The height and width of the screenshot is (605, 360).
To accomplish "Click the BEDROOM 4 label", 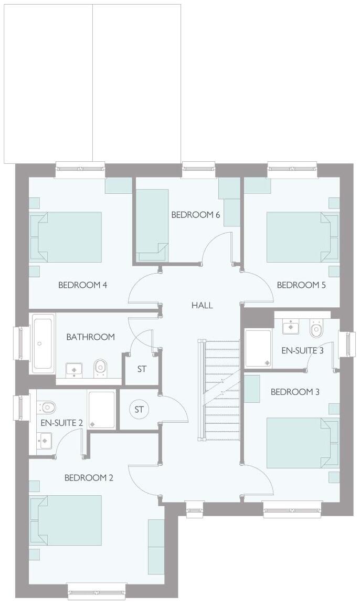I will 83,285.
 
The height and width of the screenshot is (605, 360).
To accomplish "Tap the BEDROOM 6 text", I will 195,215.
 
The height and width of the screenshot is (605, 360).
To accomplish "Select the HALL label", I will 202,305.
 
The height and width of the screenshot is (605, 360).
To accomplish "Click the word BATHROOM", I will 90,337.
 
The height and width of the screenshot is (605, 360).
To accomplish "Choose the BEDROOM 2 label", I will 89,477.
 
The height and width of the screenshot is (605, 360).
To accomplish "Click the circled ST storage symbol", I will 139,410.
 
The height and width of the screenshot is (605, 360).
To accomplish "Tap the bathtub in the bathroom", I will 43,343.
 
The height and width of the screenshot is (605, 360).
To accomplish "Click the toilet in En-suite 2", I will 47,406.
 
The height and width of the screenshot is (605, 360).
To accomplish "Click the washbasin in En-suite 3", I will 290,327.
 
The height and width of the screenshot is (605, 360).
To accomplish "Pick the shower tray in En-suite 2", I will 101,410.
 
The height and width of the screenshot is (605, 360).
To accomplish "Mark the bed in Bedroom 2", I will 66,520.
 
